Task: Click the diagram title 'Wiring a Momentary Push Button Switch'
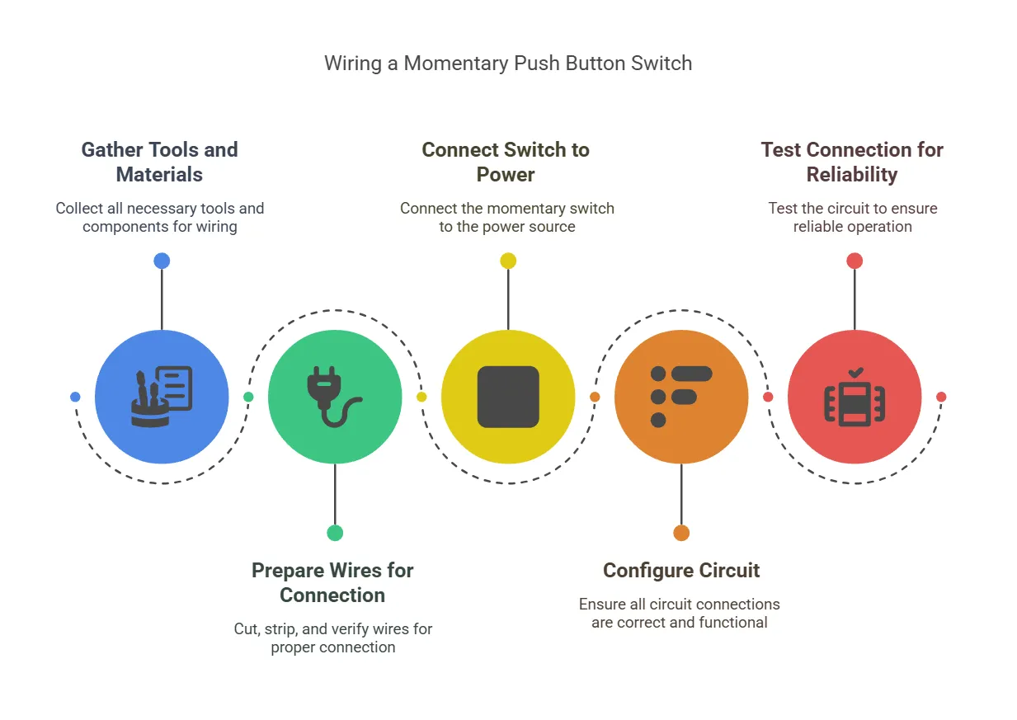click(507, 64)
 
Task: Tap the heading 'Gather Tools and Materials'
click(159, 162)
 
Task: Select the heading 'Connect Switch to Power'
click(506, 162)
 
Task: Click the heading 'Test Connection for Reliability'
click(852, 162)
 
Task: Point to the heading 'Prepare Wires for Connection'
click(332, 582)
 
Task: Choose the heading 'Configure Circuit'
click(681, 570)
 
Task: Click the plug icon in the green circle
click(332, 397)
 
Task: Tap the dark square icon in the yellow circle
click(508, 397)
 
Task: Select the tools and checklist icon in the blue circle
click(162, 397)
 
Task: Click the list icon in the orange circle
click(680, 397)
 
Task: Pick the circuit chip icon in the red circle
click(855, 397)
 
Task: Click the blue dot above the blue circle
click(162, 261)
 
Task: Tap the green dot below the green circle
click(335, 533)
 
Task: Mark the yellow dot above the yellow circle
click(508, 261)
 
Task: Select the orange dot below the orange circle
click(681, 533)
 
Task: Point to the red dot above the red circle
click(855, 261)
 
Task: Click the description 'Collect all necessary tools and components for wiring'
click(159, 217)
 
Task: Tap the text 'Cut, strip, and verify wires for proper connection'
click(332, 638)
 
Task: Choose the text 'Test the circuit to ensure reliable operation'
click(852, 217)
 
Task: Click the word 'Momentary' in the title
click(446, 64)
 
